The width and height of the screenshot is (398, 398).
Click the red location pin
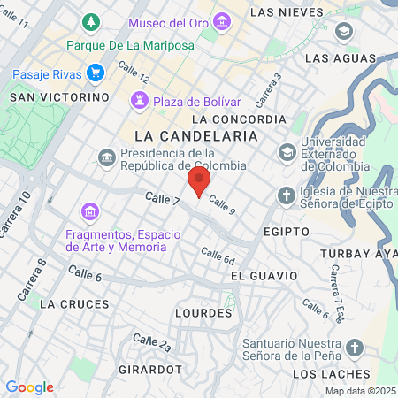199,182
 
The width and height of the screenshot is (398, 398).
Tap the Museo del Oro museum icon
222,21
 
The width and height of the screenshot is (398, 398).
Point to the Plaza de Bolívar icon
141,101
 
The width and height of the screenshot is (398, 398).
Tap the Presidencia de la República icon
106,157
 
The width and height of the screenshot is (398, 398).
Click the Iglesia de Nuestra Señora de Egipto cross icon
287,195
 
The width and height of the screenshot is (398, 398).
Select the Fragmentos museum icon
88,212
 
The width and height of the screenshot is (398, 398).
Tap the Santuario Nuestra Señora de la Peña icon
354,347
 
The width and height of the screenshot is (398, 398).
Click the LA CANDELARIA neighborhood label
196,136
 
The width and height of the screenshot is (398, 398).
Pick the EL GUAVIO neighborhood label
261,277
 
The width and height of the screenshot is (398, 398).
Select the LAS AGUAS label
335,58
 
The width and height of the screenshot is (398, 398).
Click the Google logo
30,387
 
